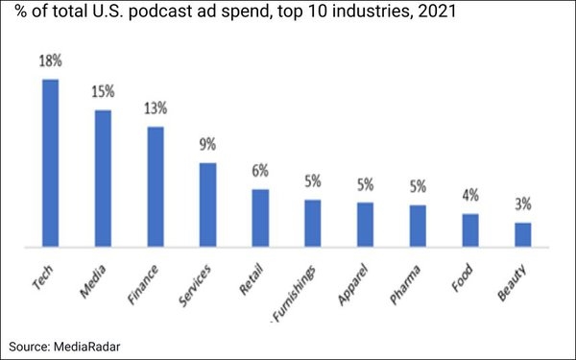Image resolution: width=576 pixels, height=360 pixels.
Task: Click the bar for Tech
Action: point(50,163)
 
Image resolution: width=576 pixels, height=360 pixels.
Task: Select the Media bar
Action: point(102,179)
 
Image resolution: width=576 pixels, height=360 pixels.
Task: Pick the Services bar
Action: point(207,205)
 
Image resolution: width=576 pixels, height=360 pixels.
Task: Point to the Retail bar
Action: point(260,219)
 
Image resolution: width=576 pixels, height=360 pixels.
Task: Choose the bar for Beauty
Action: point(522,235)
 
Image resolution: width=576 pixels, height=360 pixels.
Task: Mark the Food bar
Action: point(469,230)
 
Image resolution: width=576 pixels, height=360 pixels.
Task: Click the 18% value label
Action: point(50,60)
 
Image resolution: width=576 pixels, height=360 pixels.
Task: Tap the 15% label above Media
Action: point(103,92)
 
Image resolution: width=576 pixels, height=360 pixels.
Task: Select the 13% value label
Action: point(155,108)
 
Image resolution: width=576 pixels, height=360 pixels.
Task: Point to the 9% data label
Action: point(207,145)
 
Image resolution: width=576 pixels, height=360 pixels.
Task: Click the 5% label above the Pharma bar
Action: point(418,186)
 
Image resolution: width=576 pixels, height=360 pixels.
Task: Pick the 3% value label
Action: point(522,204)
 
